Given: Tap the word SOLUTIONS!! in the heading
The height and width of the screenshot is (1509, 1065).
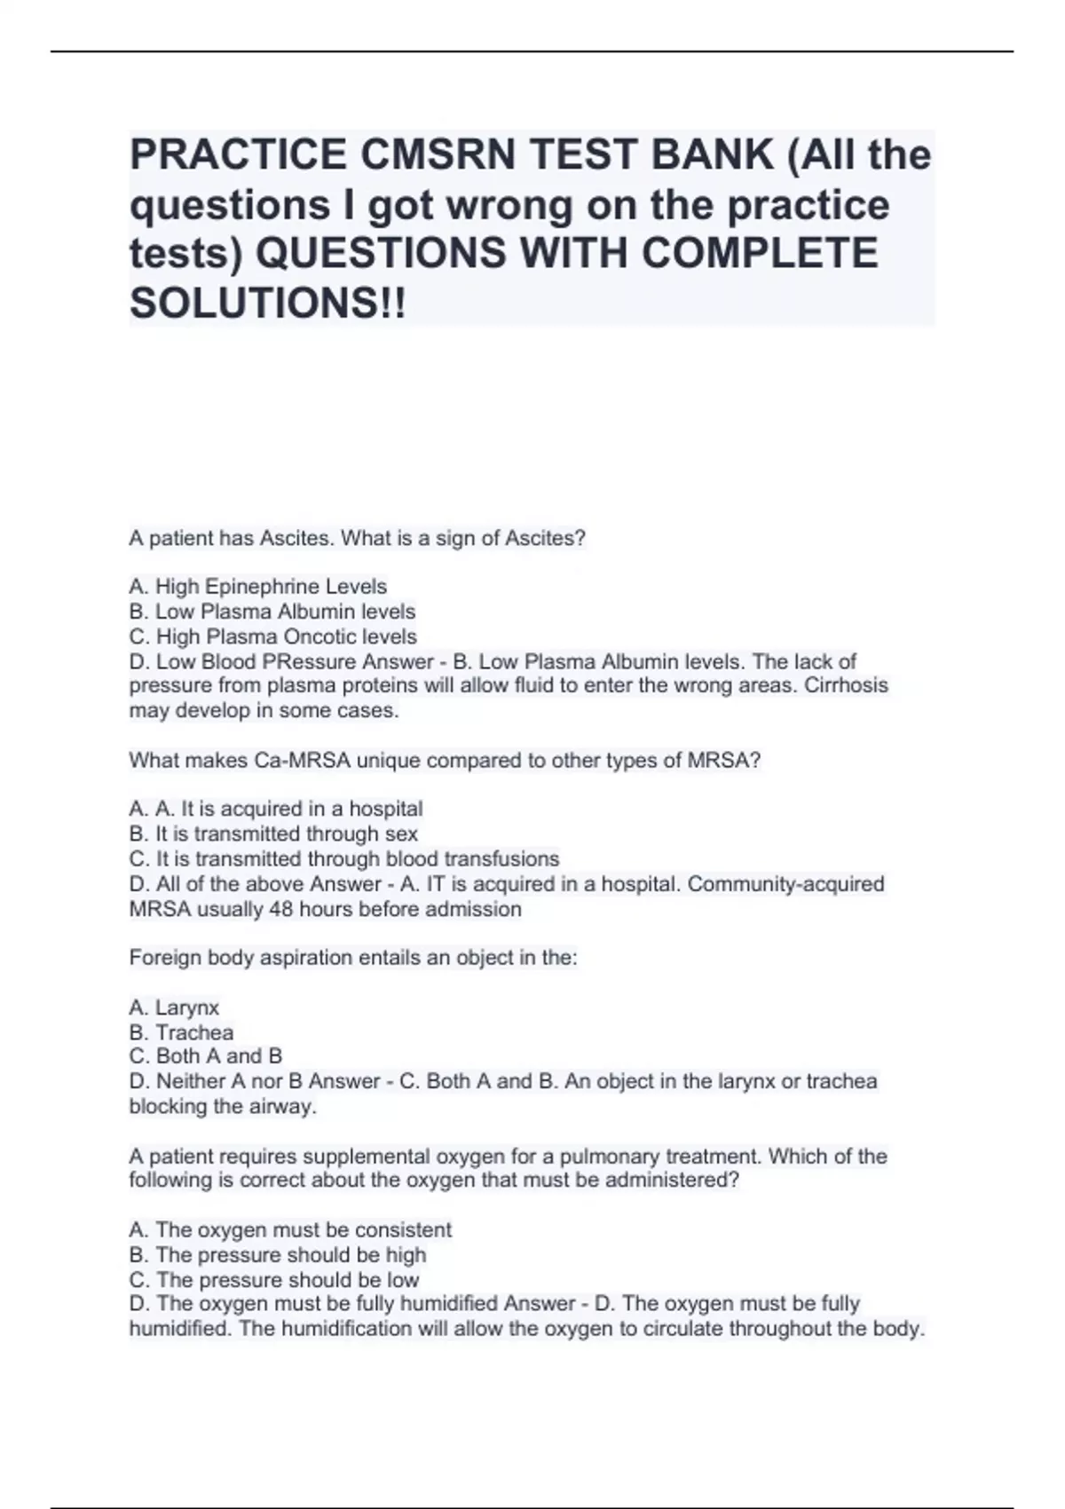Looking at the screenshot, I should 267,304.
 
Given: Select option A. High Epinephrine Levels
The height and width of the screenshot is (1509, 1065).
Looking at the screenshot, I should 258,587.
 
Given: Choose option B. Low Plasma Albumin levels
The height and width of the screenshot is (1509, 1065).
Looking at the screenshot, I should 272,612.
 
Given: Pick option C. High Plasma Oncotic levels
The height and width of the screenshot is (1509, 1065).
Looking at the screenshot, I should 273,636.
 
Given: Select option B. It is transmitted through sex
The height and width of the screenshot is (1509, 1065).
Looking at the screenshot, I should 273,834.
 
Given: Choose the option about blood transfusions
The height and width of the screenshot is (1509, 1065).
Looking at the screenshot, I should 344,859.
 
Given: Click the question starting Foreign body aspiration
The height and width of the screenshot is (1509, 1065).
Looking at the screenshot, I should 353,958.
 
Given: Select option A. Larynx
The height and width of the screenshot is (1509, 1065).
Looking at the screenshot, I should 174,1007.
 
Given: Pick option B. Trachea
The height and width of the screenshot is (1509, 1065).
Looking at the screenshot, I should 182,1032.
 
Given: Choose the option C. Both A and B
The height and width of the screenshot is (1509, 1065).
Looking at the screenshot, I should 206,1056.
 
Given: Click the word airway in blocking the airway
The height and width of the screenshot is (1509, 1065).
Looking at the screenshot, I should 286,1107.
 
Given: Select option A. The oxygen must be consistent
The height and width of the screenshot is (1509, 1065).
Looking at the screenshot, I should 290,1229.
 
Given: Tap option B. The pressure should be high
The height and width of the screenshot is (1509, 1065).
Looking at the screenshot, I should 278,1254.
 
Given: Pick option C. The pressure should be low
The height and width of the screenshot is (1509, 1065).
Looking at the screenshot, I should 274,1279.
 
